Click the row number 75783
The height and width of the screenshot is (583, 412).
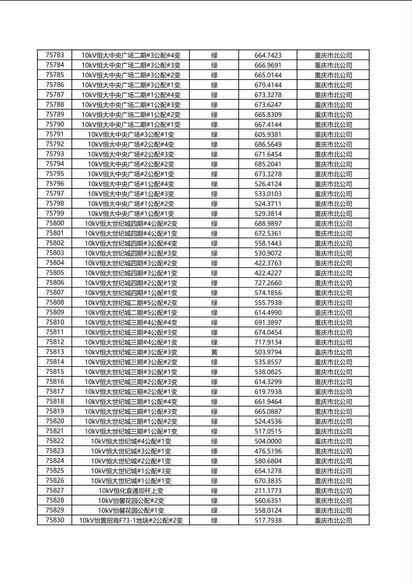point(55,55)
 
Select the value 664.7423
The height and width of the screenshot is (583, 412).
point(268,55)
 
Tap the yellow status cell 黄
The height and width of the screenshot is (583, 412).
point(214,352)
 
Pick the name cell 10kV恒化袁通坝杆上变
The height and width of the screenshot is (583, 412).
point(131,491)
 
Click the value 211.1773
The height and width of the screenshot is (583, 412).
point(268,491)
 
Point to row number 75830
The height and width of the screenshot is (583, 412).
point(55,520)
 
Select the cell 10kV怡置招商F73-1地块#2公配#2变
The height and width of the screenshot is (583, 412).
point(131,521)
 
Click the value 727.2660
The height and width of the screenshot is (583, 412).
point(268,283)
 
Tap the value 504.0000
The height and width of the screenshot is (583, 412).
point(268,442)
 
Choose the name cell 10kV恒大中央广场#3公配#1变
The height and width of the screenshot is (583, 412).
point(131,135)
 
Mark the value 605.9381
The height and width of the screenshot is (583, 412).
point(268,135)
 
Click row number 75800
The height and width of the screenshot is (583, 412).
point(55,224)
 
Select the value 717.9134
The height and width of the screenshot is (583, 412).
point(268,343)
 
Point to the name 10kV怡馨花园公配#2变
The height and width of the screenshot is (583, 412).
point(131,501)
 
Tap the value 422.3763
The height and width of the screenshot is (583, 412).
point(268,263)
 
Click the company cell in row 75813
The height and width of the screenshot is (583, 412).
point(333,352)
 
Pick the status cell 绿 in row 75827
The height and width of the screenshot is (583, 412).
point(214,491)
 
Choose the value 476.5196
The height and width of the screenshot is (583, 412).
point(268,451)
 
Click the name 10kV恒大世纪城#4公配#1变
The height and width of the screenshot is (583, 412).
point(131,442)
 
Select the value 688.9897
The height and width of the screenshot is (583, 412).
point(268,224)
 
